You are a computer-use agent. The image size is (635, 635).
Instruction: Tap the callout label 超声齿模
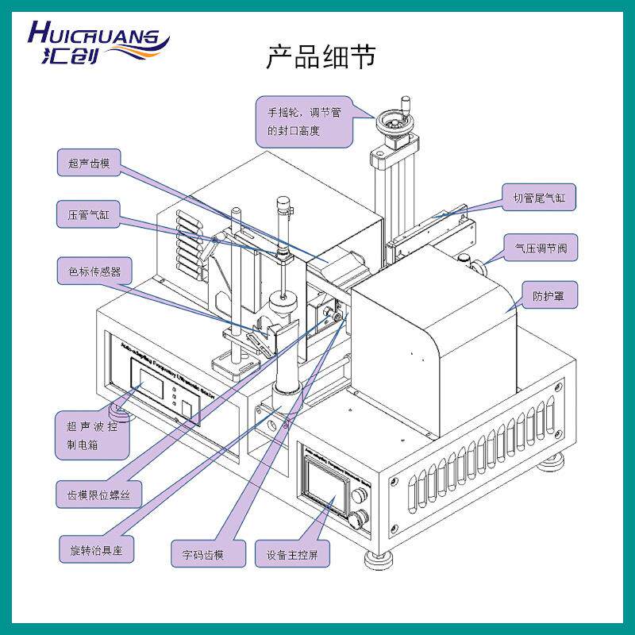point(89,164)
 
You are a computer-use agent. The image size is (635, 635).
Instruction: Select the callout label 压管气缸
point(89,214)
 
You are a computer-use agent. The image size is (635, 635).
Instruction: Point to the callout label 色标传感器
point(94,270)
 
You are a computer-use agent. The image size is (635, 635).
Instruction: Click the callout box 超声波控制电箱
point(91,434)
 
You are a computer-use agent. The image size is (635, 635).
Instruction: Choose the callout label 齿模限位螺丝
point(98,498)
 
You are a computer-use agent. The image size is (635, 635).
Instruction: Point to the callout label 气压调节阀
point(541,249)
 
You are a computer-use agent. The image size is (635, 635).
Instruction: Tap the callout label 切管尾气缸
point(537,198)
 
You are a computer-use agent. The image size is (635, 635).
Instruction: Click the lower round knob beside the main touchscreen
point(358,520)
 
